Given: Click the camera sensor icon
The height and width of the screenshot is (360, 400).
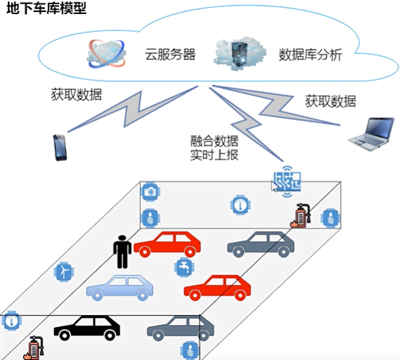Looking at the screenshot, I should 149,191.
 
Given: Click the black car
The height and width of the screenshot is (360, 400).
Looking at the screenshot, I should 87,327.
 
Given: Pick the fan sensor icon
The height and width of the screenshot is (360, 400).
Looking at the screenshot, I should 63,270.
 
